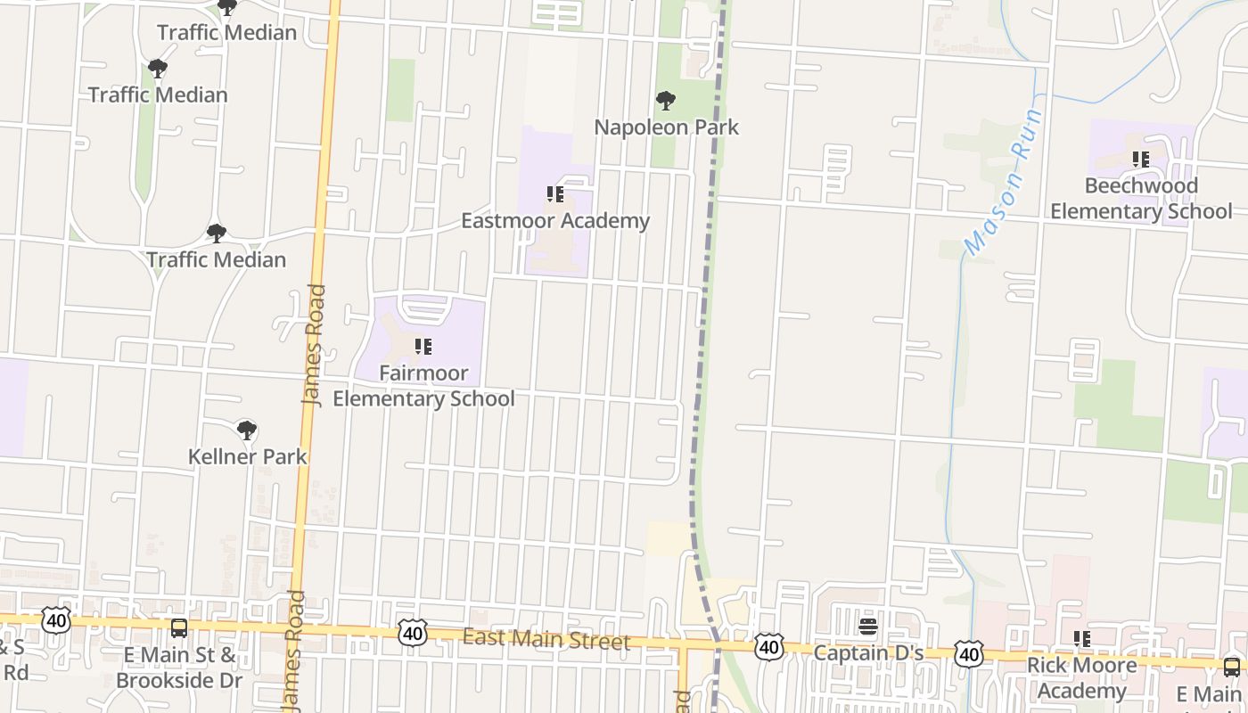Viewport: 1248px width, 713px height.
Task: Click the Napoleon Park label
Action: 666,127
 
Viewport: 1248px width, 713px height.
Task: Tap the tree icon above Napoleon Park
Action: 665,101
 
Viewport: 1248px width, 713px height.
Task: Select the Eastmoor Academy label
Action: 554,221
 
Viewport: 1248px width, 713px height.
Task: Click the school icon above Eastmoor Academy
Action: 554,194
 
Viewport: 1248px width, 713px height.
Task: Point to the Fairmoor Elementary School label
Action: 423,386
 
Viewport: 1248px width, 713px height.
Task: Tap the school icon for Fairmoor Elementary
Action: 423,347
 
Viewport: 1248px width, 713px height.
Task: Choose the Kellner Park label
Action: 247,456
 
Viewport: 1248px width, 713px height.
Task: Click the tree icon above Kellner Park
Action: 246,431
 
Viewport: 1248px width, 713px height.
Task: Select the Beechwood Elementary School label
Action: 1140,199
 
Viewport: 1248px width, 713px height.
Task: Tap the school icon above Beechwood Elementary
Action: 1140,160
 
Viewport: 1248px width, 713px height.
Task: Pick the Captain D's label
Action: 867,653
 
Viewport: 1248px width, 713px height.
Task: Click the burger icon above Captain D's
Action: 867,627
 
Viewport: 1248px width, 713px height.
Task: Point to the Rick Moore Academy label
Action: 1081,678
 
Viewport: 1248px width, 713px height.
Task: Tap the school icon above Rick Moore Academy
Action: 1081,639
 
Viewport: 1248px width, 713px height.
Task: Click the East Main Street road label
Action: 546,640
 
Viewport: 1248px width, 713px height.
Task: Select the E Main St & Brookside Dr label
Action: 179,668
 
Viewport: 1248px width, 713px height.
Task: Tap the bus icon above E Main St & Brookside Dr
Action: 179,628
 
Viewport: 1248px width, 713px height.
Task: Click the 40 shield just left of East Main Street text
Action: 412,633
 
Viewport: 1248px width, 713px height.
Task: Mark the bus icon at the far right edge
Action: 1231,667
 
